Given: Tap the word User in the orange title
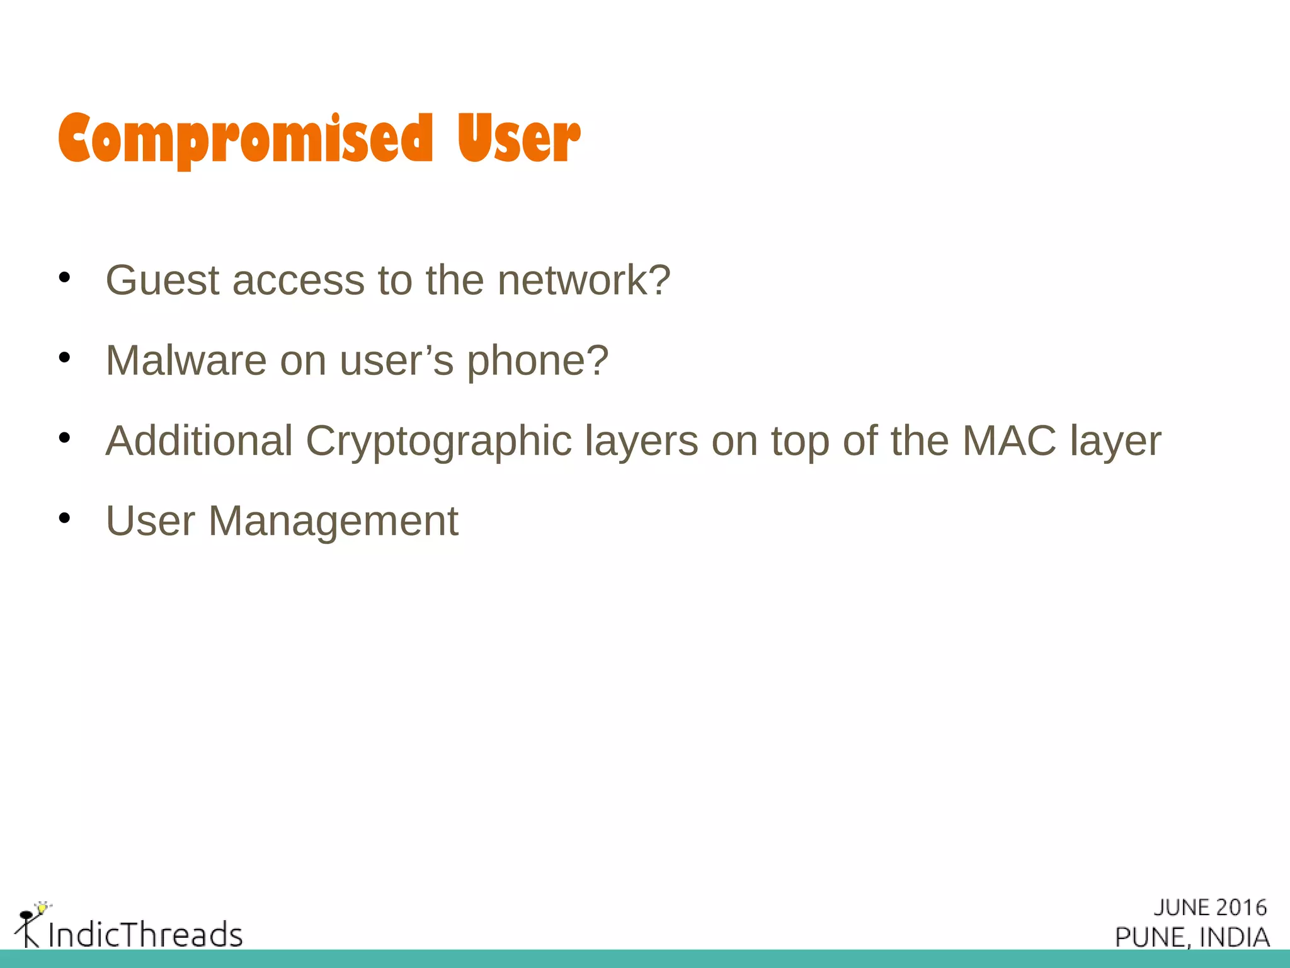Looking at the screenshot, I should [518, 139].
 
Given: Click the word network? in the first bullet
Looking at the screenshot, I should [584, 280].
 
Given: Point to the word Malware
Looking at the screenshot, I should [186, 360].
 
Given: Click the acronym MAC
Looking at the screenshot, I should [1009, 441].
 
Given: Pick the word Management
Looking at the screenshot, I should [333, 522].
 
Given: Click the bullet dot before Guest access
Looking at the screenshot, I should [64, 277].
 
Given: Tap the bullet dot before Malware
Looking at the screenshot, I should [64, 358].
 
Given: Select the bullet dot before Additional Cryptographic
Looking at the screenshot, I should [64, 438].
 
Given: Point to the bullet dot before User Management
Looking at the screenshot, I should [64, 519].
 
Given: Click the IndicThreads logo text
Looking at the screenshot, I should [145, 935].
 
